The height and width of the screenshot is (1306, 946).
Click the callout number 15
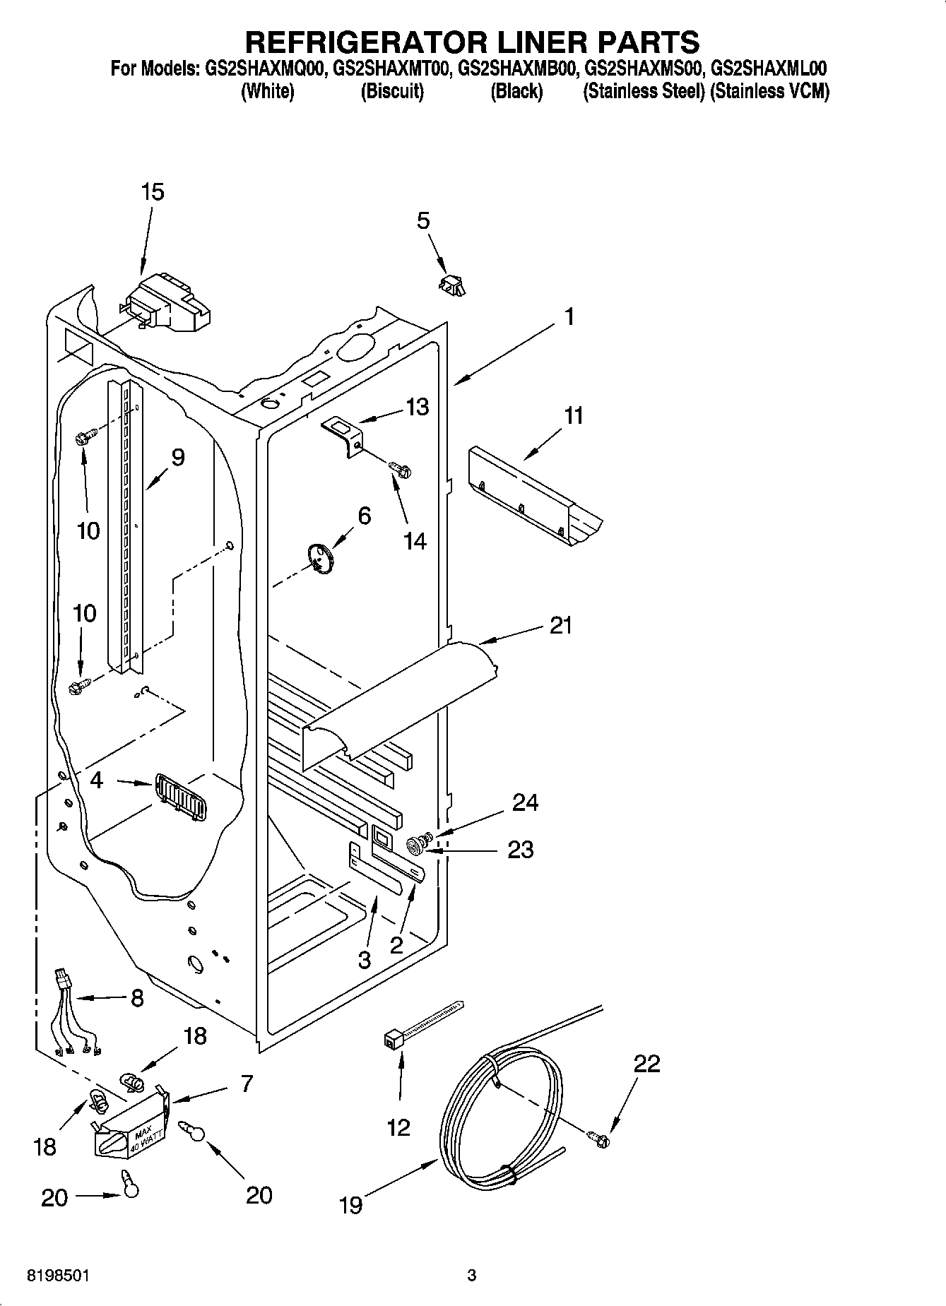click(152, 191)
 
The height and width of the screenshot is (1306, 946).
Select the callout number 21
click(560, 625)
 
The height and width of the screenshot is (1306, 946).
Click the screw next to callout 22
click(599, 1138)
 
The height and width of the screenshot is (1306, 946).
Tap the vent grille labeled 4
click(182, 797)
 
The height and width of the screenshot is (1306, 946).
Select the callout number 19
click(350, 1204)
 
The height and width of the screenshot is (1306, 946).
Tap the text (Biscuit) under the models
click(392, 91)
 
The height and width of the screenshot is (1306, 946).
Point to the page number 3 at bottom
click(472, 1276)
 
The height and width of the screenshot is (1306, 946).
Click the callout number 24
click(525, 802)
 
